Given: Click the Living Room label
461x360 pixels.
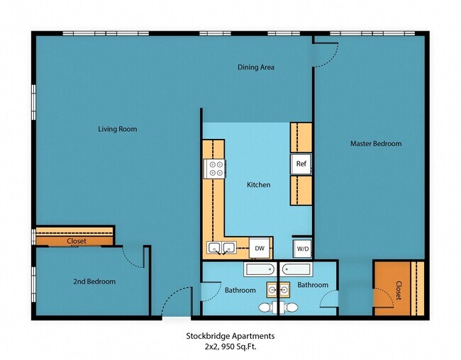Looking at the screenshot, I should pyautogui.click(x=117, y=129).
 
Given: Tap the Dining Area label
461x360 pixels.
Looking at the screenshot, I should pyautogui.click(x=255, y=67).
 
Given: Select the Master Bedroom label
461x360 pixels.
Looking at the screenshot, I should pyautogui.click(x=375, y=144).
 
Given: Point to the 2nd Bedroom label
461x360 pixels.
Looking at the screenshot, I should pyautogui.click(x=94, y=281).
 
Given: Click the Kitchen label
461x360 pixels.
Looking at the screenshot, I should pyautogui.click(x=258, y=185).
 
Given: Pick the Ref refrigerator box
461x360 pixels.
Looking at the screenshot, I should pyautogui.click(x=301, y=164).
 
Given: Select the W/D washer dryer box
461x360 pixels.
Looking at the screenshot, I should pyautogui.click(x=303, y=249).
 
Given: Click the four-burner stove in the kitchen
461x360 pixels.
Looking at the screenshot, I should pyautogui.click(x=215, y=168).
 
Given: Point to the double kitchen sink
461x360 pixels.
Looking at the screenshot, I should pyautogui.click(x=221, y=247).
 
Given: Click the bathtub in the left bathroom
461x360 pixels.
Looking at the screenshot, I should pyautogui.click(x=260, y=269).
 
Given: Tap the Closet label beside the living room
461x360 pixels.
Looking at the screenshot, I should pyautogui.click(x=76, y=241).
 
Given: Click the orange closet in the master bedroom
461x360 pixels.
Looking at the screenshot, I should pyautogui.click(x=398, y=288).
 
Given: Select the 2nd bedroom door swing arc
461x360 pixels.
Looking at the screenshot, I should pyautogui.click(x=133, y=257).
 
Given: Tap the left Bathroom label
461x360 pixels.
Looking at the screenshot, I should pyautogui.click(x=240, y=290).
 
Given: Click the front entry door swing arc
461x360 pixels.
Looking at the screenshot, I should pyautogui.click(x=176, y=301).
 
